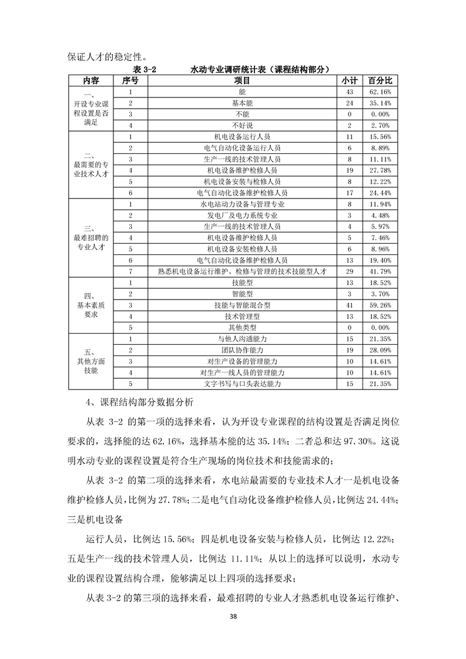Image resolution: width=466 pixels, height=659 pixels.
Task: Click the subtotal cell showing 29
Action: click(350, 271)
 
